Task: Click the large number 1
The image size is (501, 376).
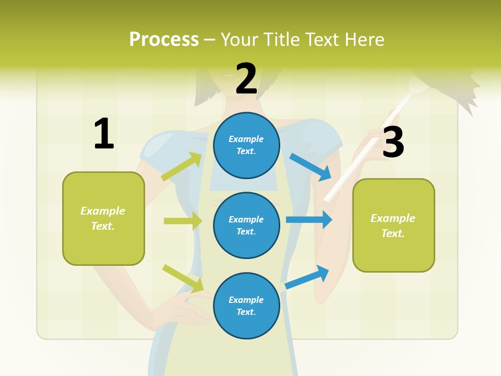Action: pos(104,134)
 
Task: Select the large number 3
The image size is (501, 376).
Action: pos(393,143)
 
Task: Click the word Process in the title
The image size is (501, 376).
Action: pos(164,40)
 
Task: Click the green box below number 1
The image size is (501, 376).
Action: pos(103,218)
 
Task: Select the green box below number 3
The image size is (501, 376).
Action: pos(393,226)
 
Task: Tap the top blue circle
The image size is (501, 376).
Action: pos(246,145)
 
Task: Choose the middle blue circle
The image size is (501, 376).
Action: pos(246,225)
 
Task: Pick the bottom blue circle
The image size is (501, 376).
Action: pos(246,305)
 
